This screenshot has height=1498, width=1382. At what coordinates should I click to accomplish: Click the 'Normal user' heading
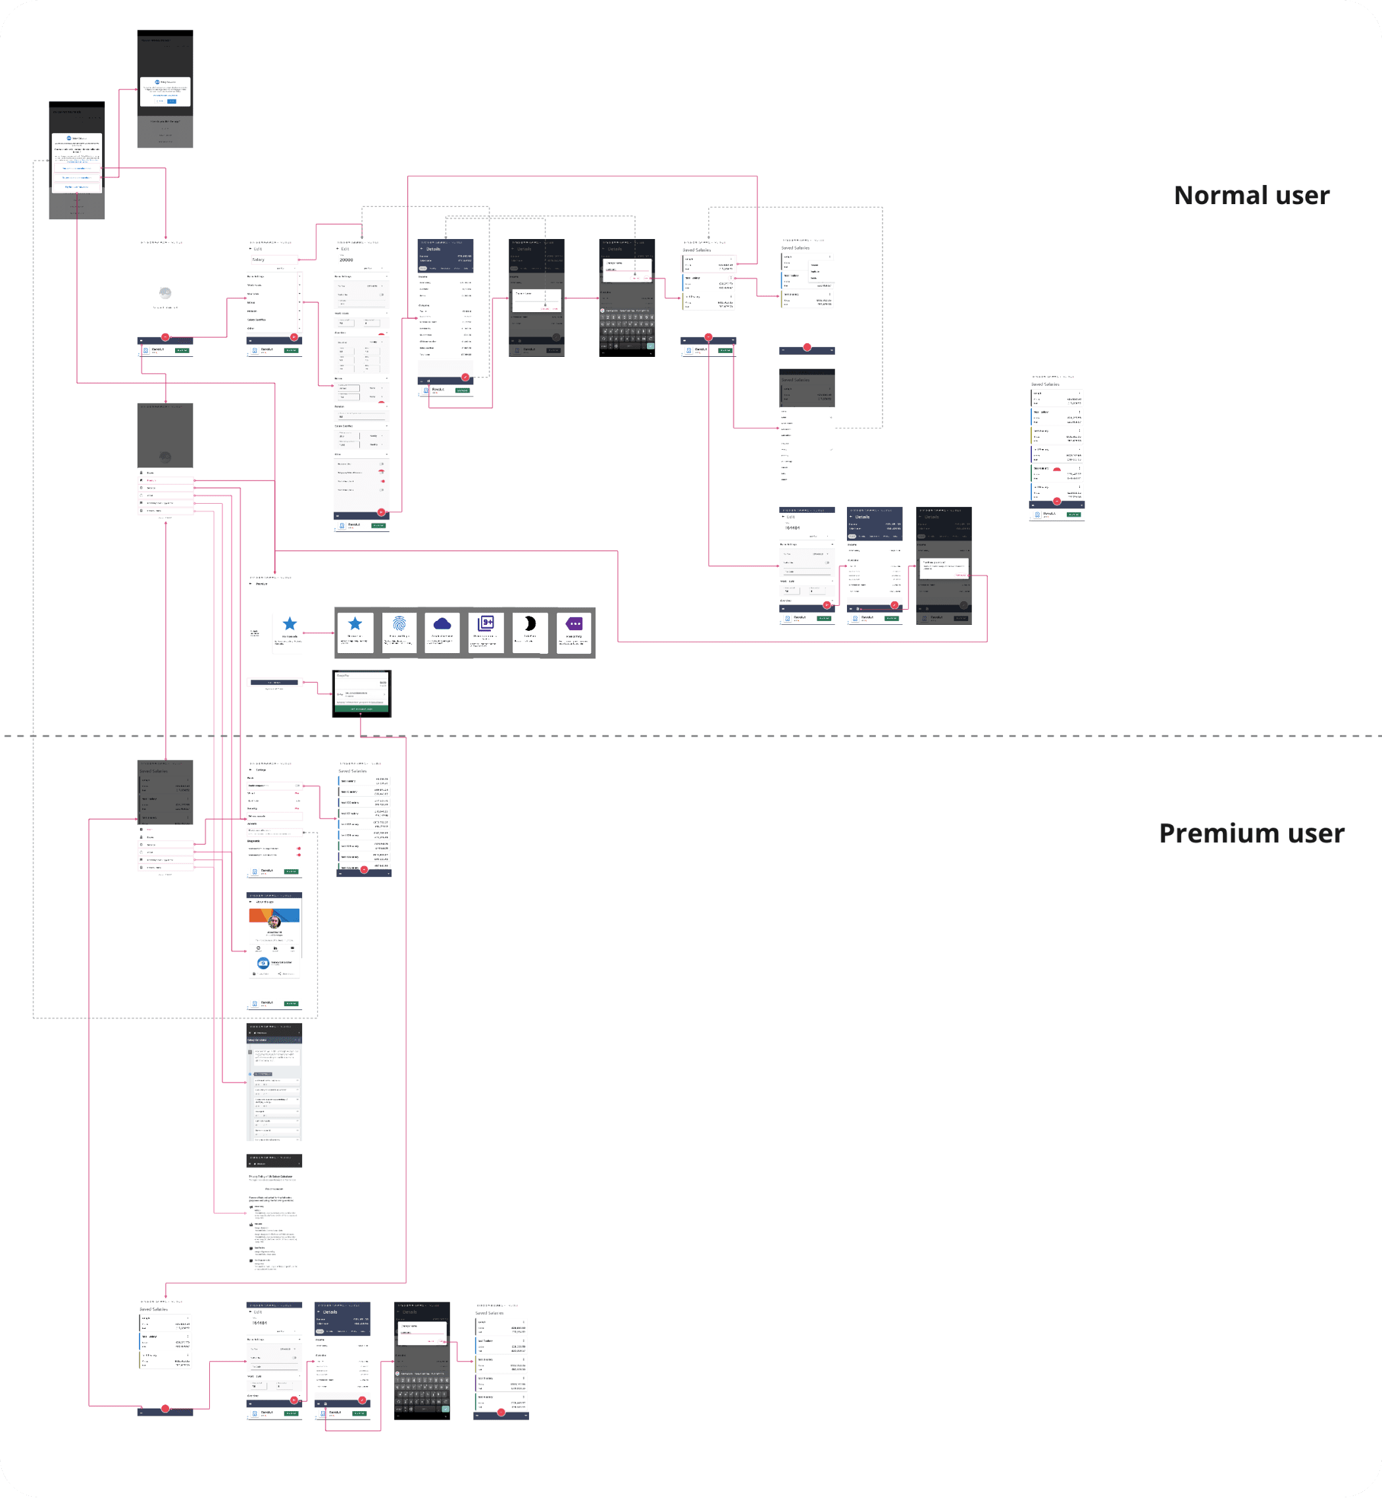pos(1251,196)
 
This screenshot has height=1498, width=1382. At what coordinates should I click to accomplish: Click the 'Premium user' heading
pos(1251,833)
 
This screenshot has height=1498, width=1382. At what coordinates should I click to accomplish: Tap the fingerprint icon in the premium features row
pos(399,624)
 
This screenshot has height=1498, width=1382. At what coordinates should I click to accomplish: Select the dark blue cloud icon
pos(442,624)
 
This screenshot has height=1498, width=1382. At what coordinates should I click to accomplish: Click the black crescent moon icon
pos(530,624)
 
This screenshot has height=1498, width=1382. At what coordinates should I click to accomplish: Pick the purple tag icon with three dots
pos(574,624)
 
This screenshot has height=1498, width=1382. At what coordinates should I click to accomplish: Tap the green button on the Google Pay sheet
pos(362,709)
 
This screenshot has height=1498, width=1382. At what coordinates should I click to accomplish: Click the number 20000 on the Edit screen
pos(346,259)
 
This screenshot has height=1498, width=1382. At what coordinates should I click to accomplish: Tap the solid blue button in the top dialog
pos(172,101)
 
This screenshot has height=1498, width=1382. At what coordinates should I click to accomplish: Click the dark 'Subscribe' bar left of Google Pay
pos(274,682)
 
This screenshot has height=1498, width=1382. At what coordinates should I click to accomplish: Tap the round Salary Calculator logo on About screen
pos(263,963)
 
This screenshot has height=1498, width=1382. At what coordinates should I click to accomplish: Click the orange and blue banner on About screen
pos(274,915)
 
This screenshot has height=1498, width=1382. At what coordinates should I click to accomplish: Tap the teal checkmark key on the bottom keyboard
pos(446,1409)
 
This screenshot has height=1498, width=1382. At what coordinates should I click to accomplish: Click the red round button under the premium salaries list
pos(364,869)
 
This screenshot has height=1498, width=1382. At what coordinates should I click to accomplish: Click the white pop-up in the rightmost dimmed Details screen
pos(944,566)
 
